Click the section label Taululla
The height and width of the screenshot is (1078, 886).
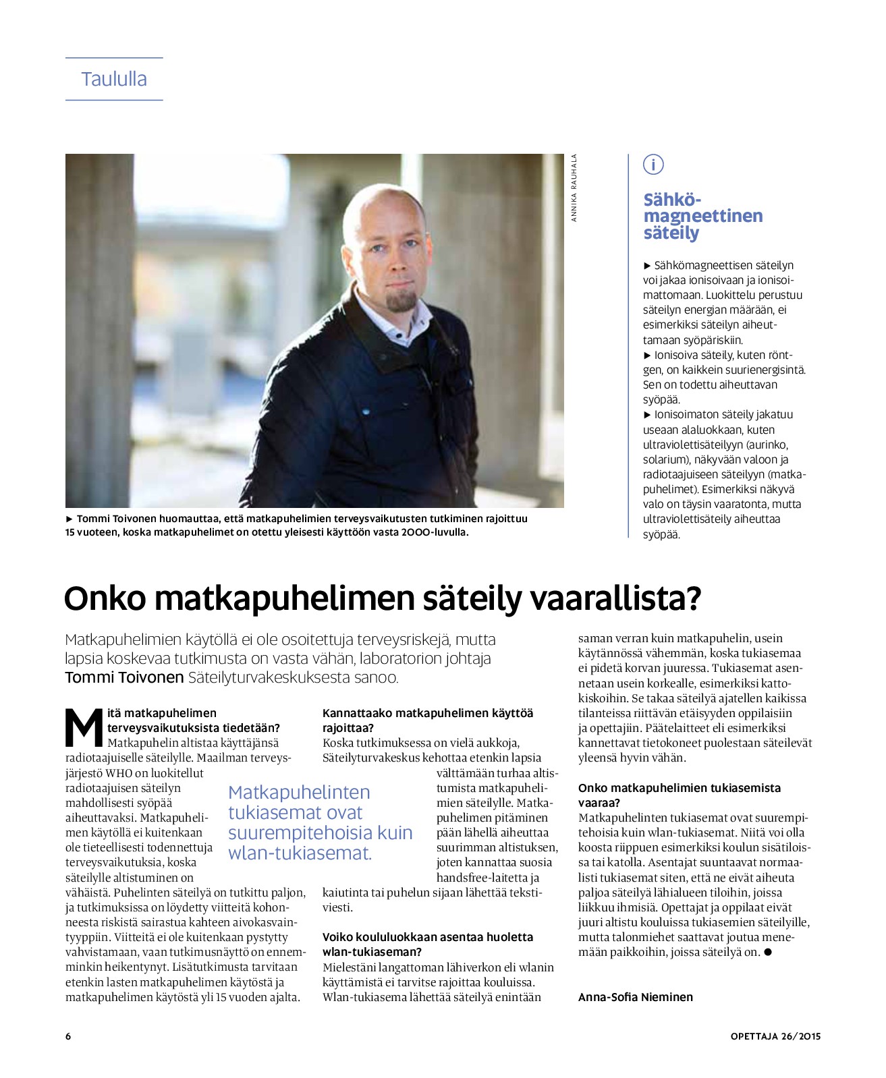[114, 79]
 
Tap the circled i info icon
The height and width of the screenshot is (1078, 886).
[653, 164]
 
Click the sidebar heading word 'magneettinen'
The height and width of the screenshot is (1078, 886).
[702, 216]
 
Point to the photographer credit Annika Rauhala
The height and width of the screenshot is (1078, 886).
[574, 188]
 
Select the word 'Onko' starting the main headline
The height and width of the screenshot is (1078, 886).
[105, 598]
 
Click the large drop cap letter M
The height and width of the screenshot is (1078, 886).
[84, 727]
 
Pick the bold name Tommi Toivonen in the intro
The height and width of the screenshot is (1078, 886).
[124, 677]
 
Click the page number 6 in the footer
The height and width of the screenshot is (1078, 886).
[68, 1036]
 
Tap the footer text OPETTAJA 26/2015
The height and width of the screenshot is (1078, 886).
[775, 1036]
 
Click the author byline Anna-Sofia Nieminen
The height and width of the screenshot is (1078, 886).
[635, 997]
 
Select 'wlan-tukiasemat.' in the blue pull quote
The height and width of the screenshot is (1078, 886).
[300, 853]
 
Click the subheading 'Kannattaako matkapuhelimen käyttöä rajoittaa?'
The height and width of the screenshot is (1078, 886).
[428, 720]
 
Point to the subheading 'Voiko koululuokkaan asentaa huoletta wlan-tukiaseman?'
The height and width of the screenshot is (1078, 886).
[428, 944]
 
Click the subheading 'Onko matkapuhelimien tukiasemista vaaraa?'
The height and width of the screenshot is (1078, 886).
[679, 795]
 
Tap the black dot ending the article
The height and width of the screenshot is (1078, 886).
[767, 953]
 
